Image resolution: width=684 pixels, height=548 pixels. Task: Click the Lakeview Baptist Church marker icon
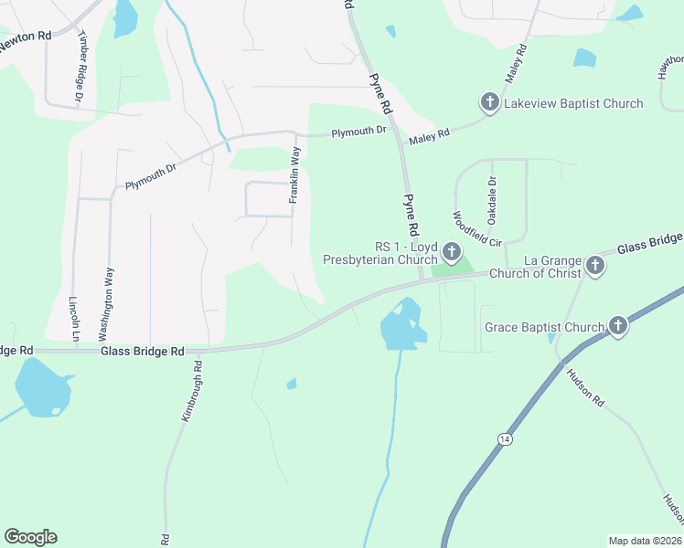489,102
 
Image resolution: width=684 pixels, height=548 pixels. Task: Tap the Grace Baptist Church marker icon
619,326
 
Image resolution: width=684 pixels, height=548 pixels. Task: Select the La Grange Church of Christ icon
595,266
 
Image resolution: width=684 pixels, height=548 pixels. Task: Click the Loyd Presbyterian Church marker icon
450,251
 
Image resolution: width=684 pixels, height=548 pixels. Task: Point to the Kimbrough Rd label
189,390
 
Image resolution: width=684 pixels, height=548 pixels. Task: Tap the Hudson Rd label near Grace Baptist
585,387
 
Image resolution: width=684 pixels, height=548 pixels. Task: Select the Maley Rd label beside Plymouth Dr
429,134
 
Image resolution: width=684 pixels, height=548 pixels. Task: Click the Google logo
30,537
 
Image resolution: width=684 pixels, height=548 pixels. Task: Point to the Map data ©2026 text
645,540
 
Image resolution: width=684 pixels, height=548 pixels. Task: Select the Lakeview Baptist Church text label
574,103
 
